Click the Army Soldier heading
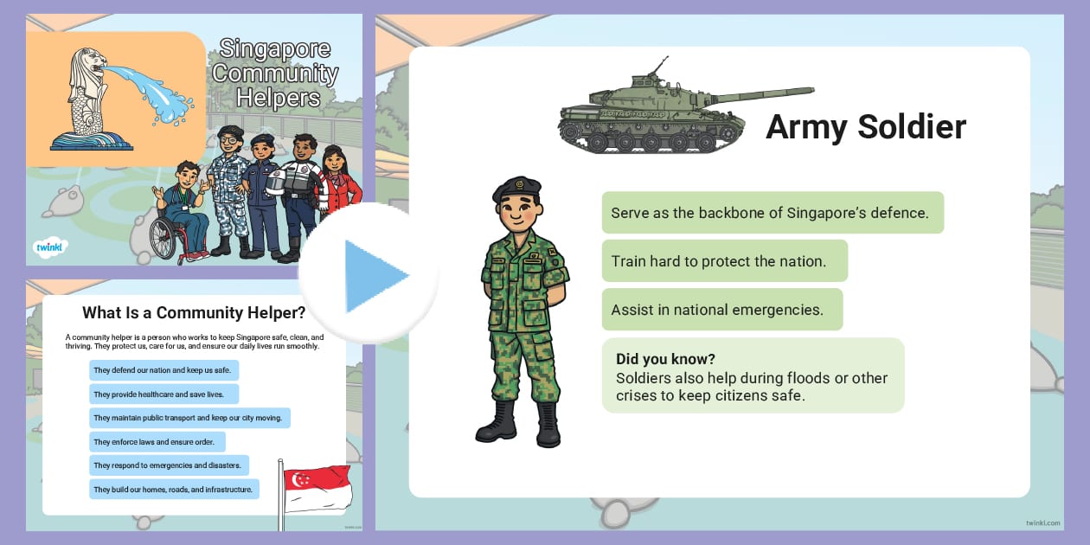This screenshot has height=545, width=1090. (865, 127)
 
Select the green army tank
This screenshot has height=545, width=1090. (657, 112)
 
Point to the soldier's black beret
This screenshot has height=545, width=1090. (516, 187)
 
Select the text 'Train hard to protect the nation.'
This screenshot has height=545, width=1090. (719, 260)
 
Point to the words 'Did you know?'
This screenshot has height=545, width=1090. (665, 359)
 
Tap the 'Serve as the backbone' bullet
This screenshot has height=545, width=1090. (770, 213)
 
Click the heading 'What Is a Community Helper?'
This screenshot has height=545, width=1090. (194, 313)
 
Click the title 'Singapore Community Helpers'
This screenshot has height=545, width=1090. (275, 73)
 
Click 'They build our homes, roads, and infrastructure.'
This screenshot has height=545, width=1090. (173, 490)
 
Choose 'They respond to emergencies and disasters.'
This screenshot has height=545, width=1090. (168, 465)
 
